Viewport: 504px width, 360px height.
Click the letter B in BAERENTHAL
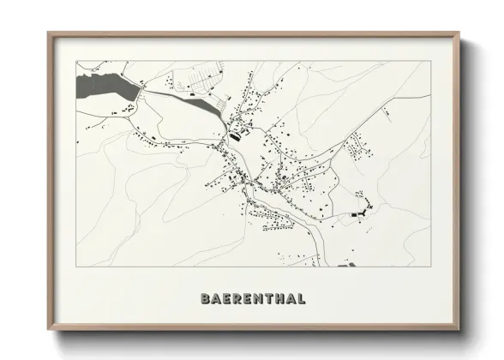(205, 299)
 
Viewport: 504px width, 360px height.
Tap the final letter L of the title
(301, 299)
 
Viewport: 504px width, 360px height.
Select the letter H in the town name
(279, 299)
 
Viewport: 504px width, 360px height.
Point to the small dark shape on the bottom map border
(346, 266)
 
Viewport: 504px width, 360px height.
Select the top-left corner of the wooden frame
(49, 33)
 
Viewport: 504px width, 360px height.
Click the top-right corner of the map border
(429, 62)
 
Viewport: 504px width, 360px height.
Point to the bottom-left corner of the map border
(76, 267)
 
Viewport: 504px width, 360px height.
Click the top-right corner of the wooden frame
(460, 33)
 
